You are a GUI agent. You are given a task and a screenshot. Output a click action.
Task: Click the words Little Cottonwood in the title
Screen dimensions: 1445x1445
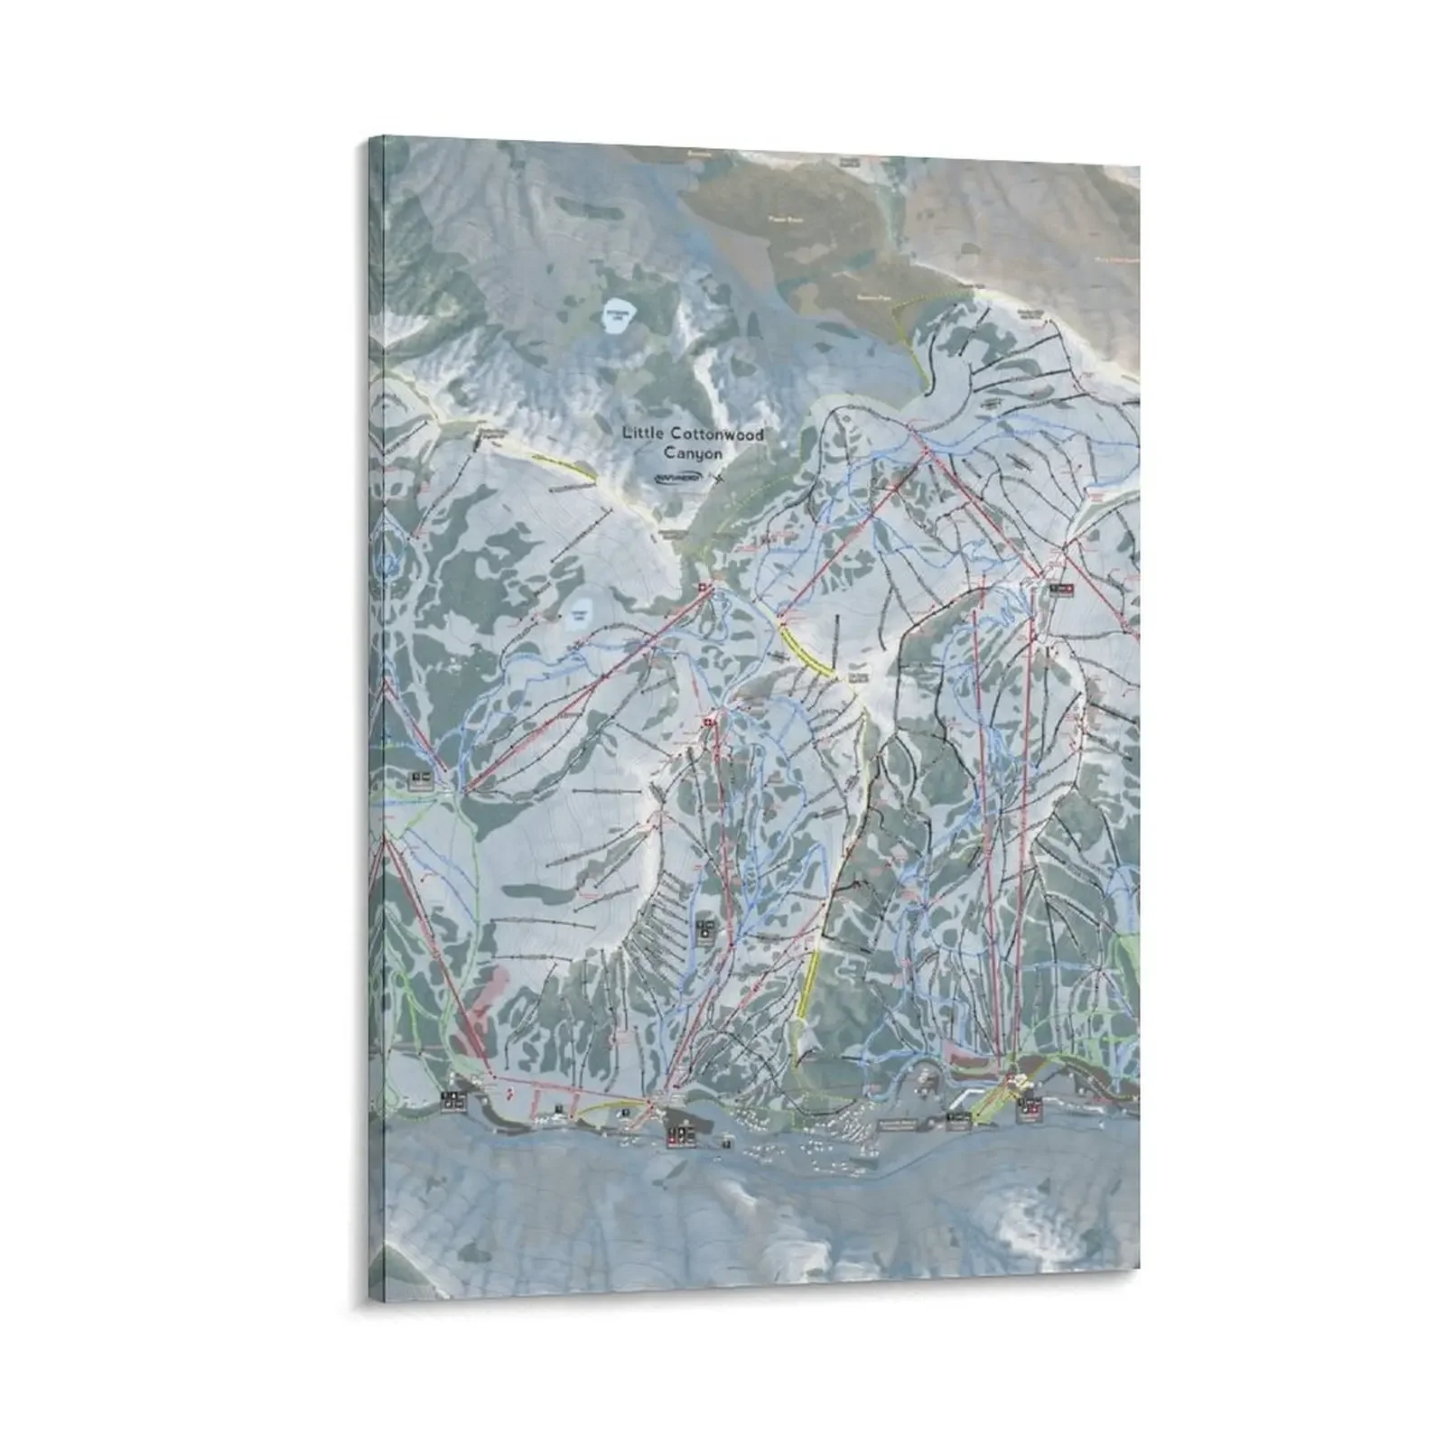pyautogui.click(x=693, y=434)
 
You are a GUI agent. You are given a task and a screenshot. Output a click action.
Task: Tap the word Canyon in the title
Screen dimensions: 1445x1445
pyautogui.click(x=693, y=453)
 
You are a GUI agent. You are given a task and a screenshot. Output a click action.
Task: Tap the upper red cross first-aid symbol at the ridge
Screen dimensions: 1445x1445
pyautogui.click(x=704, y=589)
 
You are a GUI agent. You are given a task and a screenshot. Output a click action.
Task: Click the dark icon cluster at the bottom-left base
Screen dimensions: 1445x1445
pyautogui.click(x=453, y=1100)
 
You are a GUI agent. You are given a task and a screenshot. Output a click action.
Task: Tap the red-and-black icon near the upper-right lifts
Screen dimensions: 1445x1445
pyautogui.click(x=1063, y=589)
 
